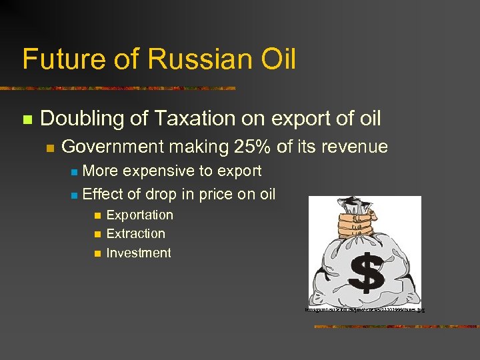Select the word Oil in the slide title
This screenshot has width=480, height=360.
[x=275, y=59]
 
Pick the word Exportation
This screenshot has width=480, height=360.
[x=139, y=215]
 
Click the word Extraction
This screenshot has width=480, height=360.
[x=135, y=233]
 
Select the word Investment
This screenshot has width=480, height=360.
[x=139, y=253]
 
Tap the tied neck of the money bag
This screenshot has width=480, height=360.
[x=363, y=223]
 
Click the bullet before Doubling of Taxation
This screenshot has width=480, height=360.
[x=27, y=120]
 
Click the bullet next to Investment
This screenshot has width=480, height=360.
[x=97, y=253]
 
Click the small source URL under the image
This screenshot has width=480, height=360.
[x=364, y=311]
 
